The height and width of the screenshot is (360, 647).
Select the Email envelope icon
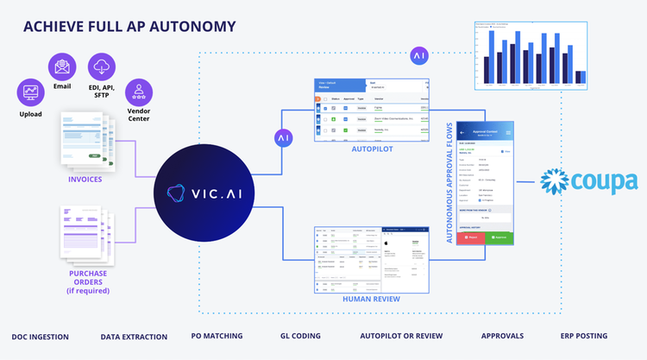click(61, 66)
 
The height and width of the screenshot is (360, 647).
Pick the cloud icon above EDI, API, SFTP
click(102, 66)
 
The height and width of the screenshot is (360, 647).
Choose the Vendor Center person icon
click(138, 91)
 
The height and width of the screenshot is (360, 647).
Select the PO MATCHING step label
click(217, 335)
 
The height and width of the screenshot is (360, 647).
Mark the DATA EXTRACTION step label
click(130, 335)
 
